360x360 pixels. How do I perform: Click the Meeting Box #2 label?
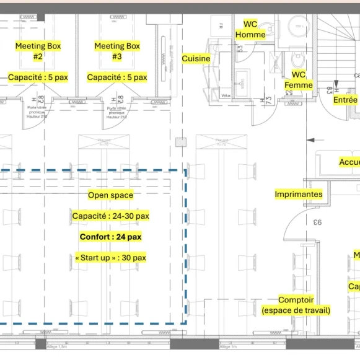[38, 51]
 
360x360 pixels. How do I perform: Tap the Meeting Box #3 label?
[117, 51]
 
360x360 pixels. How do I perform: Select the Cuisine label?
[196, 59]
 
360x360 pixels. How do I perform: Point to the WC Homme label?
[250, 29]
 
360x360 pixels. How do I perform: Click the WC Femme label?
[298, 80]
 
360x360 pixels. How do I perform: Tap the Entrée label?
[345, 100]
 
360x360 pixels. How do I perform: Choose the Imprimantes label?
[299, 195]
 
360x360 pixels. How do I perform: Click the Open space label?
[110, 195]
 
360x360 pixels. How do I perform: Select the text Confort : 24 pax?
[110, 237]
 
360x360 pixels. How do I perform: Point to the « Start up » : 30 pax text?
[110, 258]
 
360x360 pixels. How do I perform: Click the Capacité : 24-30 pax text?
[110, 216]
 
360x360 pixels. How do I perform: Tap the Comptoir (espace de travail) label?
[296, 305]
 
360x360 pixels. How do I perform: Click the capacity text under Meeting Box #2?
[38, 77]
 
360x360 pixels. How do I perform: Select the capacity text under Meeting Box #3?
[117, 77]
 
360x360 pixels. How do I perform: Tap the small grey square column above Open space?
[180, 142]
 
